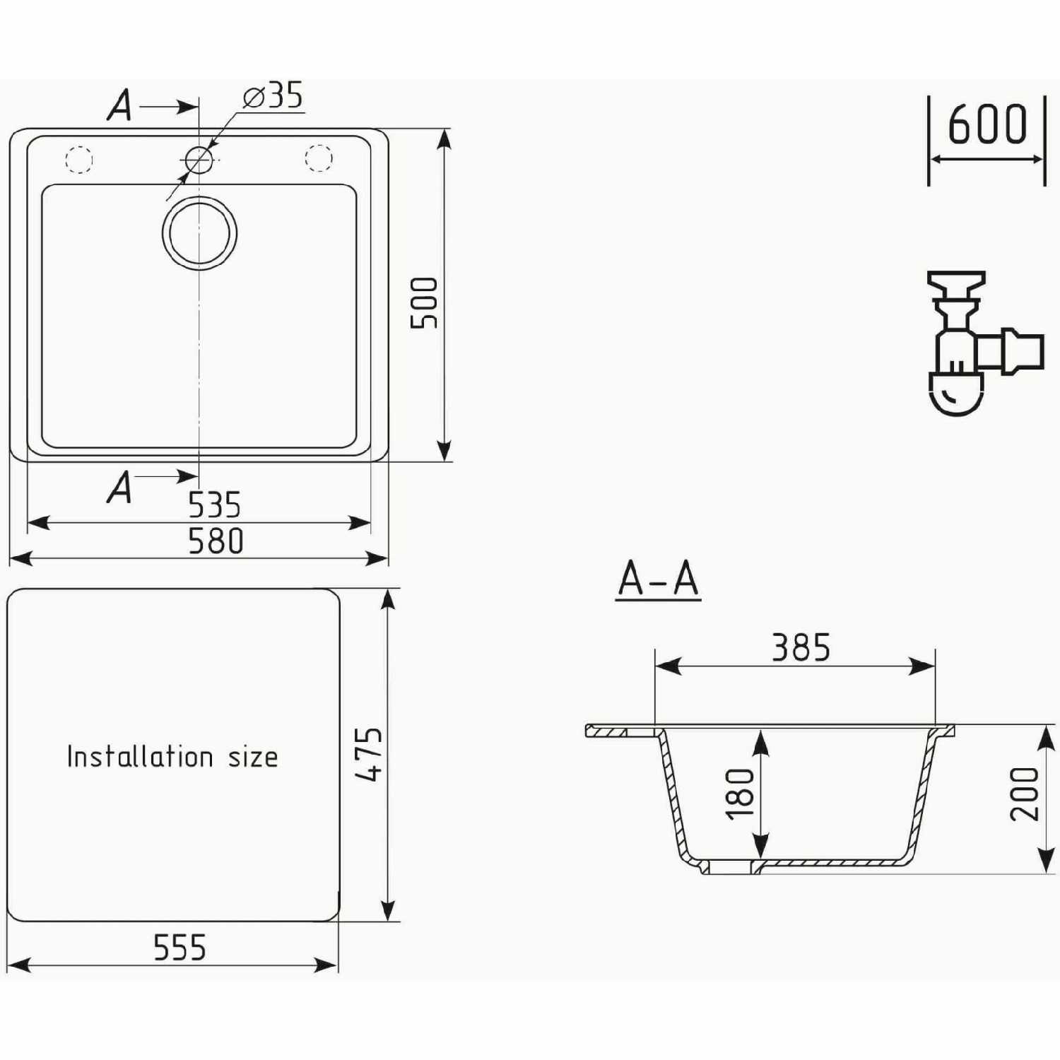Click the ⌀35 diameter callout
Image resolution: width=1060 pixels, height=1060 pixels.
click(273, 95)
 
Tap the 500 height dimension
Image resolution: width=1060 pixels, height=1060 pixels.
click(424, 302)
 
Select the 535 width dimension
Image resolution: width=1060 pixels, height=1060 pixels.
click(214, 505)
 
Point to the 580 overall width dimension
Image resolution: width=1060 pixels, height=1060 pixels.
click(216, 541)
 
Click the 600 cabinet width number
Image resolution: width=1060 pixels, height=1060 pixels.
click(987, 124)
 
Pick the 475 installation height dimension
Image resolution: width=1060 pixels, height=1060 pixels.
click(369, 754)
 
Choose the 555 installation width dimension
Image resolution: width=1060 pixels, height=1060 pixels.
click(179, 948)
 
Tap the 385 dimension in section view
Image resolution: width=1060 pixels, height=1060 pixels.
click(801, 647)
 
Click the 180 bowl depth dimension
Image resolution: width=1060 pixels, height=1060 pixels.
click(740, 794)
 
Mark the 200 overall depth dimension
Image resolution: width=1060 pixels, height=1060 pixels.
click(1024, 794)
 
